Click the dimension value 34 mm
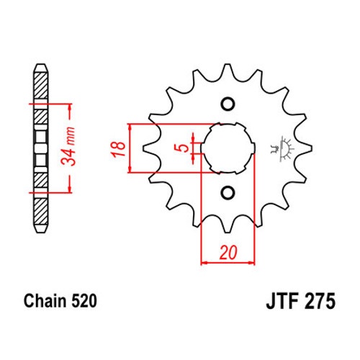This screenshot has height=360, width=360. pos(68,147)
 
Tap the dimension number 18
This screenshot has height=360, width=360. pos(118,149)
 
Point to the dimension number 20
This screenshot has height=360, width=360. pos(228,253)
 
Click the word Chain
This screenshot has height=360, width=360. pos(45,301)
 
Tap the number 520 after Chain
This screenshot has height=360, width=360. pos(84,301)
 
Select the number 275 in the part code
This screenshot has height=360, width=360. pos(319,301)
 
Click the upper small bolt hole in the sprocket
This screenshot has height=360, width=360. pos(228,104)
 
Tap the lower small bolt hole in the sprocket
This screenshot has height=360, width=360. pos(228,192)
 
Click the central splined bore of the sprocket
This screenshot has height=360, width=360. pos(228,148)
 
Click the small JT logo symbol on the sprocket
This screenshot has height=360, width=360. pos(282,149)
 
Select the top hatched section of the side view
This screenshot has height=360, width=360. pos(40,85)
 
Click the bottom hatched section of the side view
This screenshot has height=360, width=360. pos(40,212)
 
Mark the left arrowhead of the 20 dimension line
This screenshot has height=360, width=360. pos(204,263)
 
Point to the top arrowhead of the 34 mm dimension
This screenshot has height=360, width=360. pos(70,107)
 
